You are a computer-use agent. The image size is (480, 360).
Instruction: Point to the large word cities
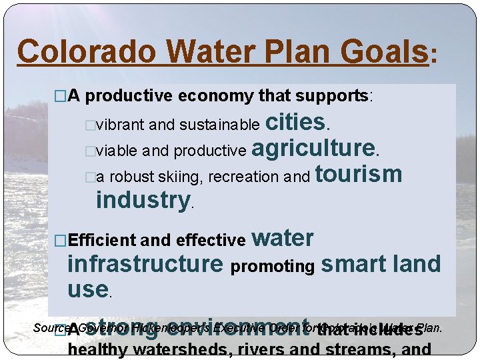point(295,122)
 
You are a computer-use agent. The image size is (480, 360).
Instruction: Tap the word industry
point(143,199)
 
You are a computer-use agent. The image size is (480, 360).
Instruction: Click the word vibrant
point(121,125)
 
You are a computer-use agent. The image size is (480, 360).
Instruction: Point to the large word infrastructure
point(145,265)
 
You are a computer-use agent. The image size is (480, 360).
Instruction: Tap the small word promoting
point(272,267)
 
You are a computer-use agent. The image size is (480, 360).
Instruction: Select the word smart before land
point(354,265)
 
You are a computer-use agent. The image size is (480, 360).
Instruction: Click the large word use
point(87,289)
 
